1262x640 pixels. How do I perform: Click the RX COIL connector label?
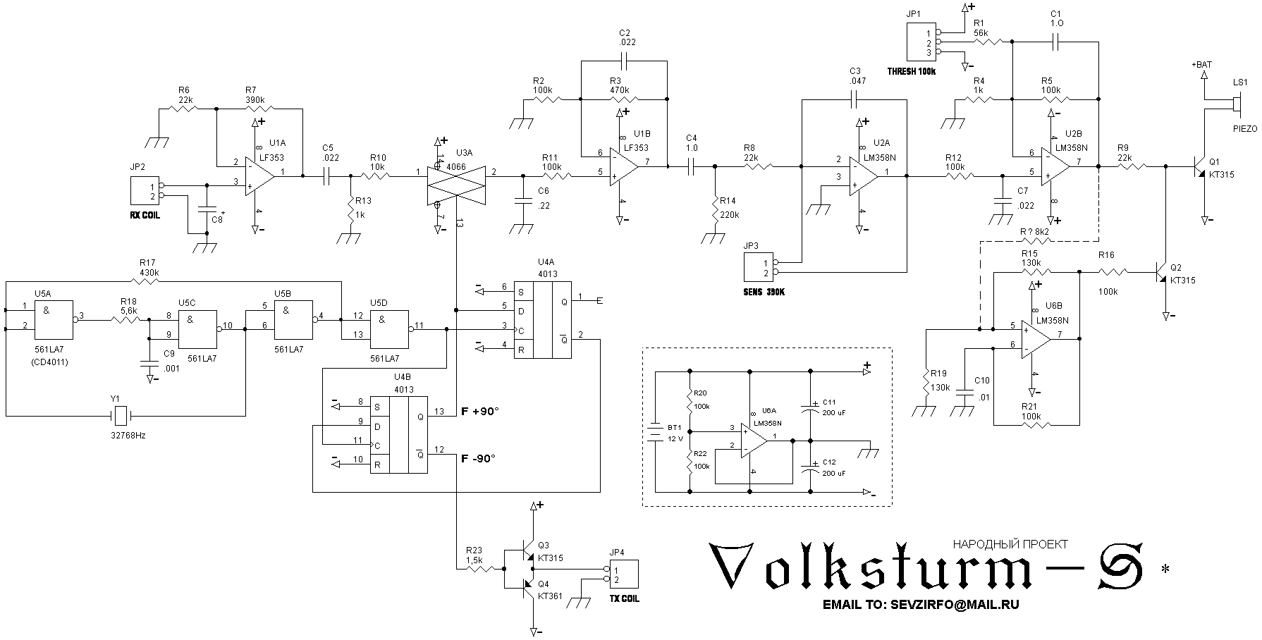click(x=145, y=215)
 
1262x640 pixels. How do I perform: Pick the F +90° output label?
click(x=479, y=411)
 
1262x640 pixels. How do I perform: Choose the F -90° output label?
click(x=478, y=457)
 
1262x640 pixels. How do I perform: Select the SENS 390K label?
click(x=764, y=290)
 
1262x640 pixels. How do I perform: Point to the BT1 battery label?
click(x=674, y=427)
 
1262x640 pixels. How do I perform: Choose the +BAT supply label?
click(x=1201, y=65)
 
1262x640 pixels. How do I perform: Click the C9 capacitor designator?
click(x=169, y=353)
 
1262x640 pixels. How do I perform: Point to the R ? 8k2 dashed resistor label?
click(x=1034, y=231)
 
